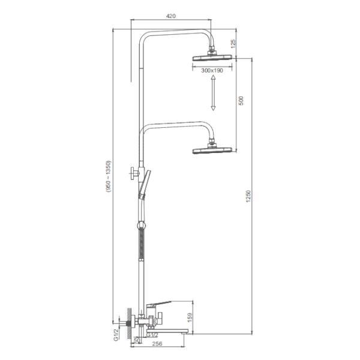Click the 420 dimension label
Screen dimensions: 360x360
(170, 16)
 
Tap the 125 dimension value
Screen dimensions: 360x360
(233, 44)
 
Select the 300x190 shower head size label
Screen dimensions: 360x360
(212, 70)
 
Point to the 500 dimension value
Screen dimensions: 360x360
(241, 101)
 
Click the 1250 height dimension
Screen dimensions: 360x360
(248, 196)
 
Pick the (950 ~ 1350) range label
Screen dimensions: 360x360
(108, 176)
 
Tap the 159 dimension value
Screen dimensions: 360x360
(190, 317)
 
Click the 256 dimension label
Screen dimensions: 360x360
(157, 343)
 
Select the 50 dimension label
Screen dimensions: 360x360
(137, 340)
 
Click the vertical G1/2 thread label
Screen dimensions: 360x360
(116, 334)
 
